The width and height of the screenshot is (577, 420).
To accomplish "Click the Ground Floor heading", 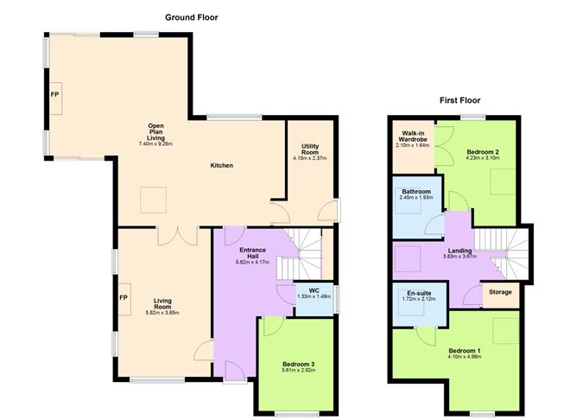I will click(192, 16).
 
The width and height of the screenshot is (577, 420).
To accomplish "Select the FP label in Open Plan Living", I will click(54, 94).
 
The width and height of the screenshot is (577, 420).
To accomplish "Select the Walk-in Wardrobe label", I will click(411, 139).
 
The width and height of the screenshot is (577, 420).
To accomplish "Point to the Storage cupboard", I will click(500, 292).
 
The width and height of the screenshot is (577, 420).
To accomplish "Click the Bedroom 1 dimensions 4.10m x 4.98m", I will click(462, 356).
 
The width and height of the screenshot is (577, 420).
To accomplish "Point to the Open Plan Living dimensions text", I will click(155, 143).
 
